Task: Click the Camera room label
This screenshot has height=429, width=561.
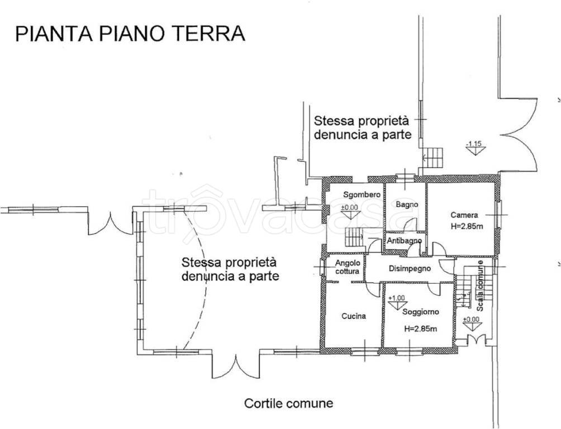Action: (x=464, y=215)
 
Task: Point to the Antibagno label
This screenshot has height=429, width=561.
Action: (x=404, y=241)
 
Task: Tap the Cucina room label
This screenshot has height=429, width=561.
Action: (x=354, y=316)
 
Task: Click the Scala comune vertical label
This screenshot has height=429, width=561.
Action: (x=480, y=287)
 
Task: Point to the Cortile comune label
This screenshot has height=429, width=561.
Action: (x=288, y=403)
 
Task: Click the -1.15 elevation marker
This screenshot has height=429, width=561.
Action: (x=474, y=147)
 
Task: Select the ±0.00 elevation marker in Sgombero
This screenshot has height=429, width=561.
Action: (x=350, y=211)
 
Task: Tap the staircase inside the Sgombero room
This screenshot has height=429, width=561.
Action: (x=354, y=238)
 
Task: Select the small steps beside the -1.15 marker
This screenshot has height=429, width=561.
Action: (x=433, y=158)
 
